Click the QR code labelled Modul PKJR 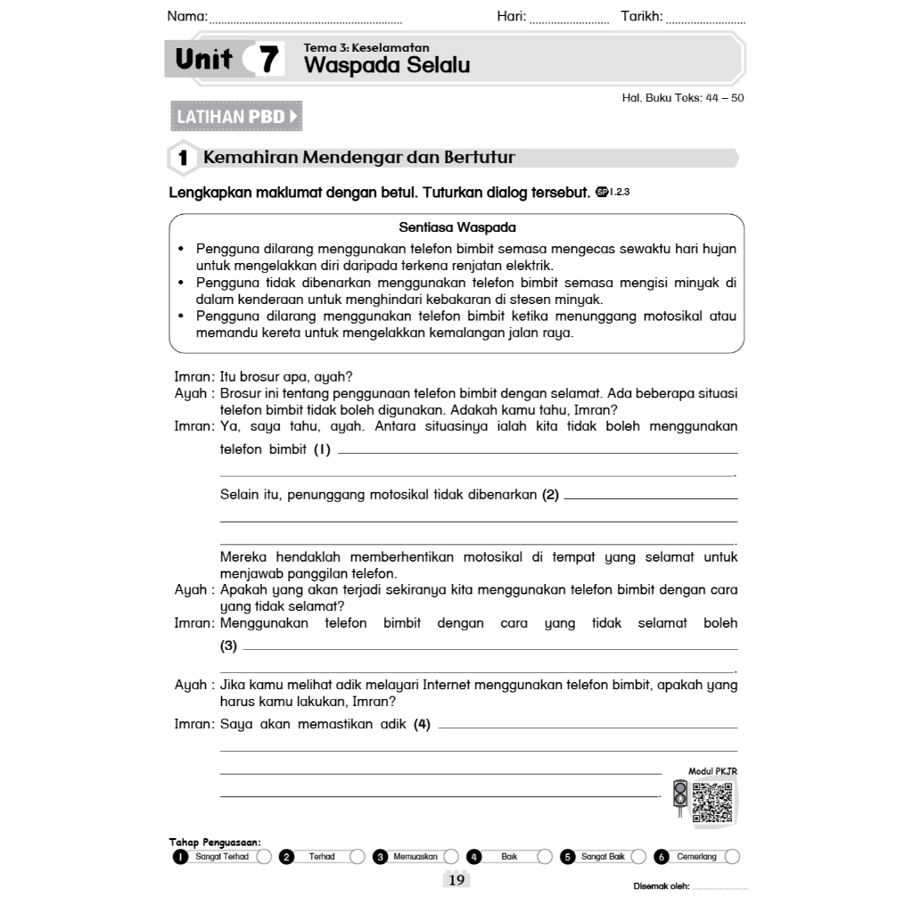pos(712,800)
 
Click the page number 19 pos(456,881)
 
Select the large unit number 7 pos(267,61)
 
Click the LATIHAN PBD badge pos(235,117)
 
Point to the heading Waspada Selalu pos(387,65)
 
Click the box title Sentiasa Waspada pos(457,227)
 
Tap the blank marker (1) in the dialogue pos(322,449)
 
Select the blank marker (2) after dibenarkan pos(550,495)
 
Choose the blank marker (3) pos(229,646)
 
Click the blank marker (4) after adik pos(422,724)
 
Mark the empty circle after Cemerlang pos(732,857)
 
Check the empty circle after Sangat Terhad pos(264,857)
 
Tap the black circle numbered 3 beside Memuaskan pos(380,857)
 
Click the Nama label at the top pos(187,16)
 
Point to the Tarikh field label pos(641,16)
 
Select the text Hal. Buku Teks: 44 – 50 pos(682,98)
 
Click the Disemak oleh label pos(661,885)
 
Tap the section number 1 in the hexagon pos(183,159)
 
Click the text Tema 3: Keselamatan pos(366,47)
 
